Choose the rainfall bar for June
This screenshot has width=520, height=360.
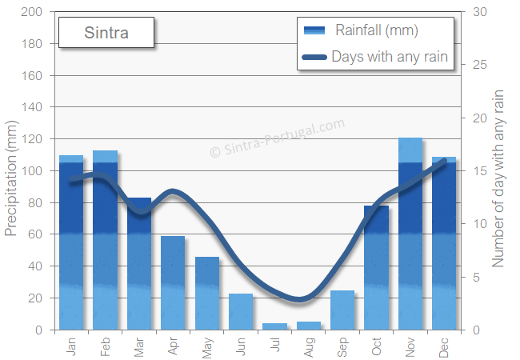click(x=241, y=311)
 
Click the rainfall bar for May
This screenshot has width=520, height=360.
click(x=207, y=293)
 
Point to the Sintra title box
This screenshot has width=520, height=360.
click(x=106, y=34)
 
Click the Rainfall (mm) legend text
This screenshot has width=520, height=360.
click(x=377, y=31)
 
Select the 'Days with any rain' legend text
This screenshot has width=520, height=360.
click(x=389, y=57)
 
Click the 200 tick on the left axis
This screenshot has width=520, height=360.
click(x=32, y=12)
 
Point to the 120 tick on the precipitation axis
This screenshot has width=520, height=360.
click(x=32, y=139)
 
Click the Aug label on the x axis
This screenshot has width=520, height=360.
click(x=309, y=347)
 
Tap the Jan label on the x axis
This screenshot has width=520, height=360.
click(x=71, y=347)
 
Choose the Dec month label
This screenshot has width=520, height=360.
click(x=445, y=347)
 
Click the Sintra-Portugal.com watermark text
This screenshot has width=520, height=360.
click(x=277, y=139)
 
